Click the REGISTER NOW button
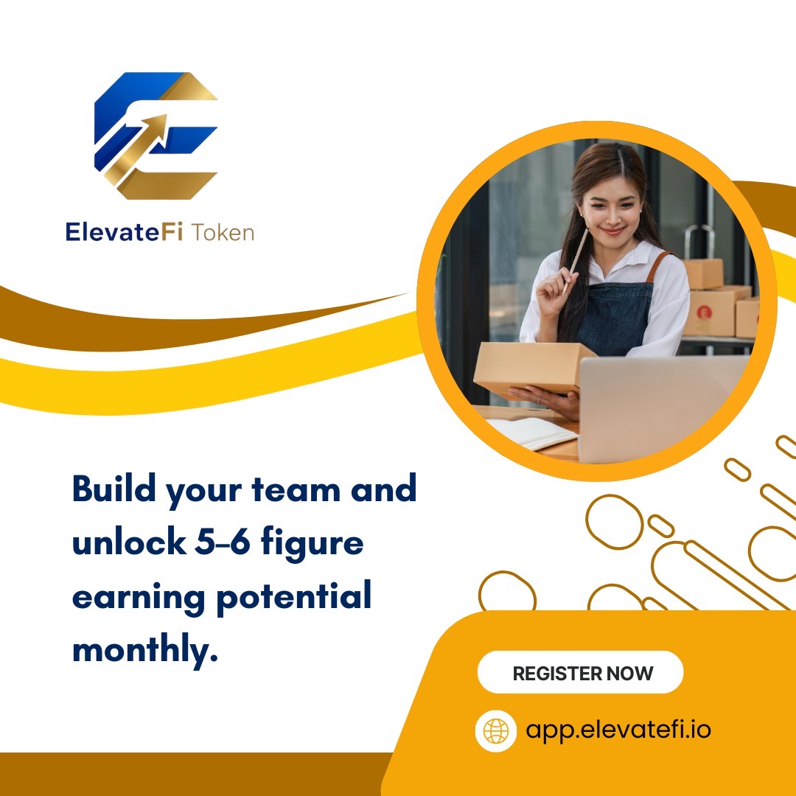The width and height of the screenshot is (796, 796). (x=582, y=673)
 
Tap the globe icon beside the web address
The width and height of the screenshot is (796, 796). (x=496, y=730)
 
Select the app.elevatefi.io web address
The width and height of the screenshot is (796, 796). (x=618, y=730)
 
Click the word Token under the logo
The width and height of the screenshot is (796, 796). (x=223, y=233)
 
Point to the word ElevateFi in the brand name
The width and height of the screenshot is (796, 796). (x=124, y=233)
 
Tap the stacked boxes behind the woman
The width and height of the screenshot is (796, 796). (x=719, y=302)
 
